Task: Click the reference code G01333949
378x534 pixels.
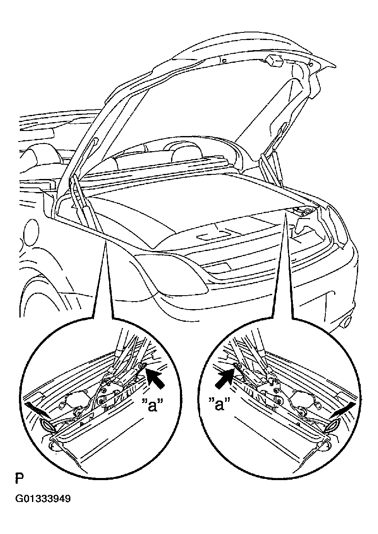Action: tap(43, 505)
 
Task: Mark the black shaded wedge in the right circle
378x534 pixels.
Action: tap(341, 409)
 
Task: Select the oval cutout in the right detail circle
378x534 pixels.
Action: tap(332, 426)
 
